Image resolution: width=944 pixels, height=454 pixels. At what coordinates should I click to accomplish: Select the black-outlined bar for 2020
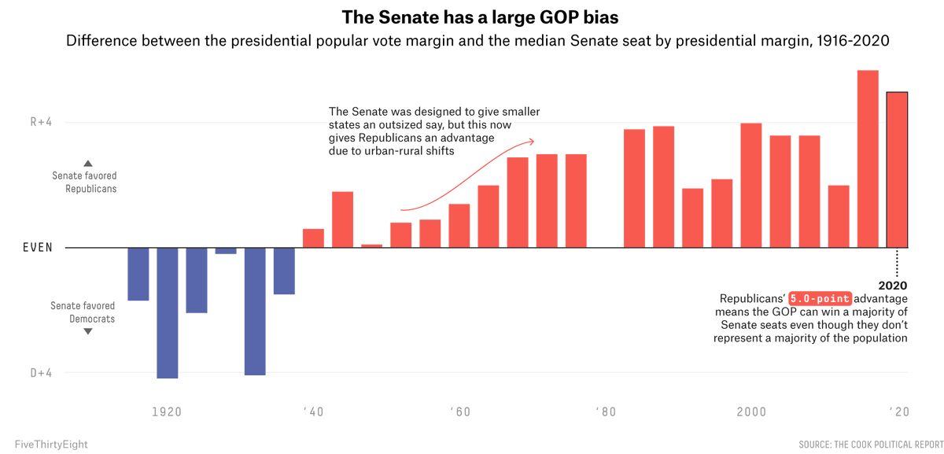[897, 170]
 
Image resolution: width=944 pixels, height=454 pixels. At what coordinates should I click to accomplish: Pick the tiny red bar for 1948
[371, 246]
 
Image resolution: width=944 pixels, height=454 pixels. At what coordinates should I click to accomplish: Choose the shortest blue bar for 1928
[226, 251]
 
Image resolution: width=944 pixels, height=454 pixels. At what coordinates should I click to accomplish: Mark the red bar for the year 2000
[751, 186]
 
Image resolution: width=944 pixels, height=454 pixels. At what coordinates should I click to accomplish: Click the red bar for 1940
[313, 238]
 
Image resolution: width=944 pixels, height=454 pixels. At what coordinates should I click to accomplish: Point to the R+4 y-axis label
[41, 123]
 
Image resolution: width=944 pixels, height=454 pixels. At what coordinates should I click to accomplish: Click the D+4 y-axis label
[41, 373]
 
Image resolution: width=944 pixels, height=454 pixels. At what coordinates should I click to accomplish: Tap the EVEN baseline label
[38, 248]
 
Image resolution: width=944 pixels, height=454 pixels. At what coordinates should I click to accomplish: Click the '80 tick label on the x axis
[605, 412]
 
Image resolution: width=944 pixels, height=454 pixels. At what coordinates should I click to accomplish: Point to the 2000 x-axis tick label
[751, 412]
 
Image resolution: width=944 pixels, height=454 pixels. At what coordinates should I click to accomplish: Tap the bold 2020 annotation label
[894, 285]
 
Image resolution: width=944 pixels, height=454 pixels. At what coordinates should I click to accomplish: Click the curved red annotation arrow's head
[533, 141]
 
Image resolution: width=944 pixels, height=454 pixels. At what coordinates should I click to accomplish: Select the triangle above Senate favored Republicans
[88, 162]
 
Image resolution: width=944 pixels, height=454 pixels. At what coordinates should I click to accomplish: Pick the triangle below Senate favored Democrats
[88, 332]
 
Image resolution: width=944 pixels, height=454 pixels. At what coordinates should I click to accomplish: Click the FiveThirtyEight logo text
[51, 445]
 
